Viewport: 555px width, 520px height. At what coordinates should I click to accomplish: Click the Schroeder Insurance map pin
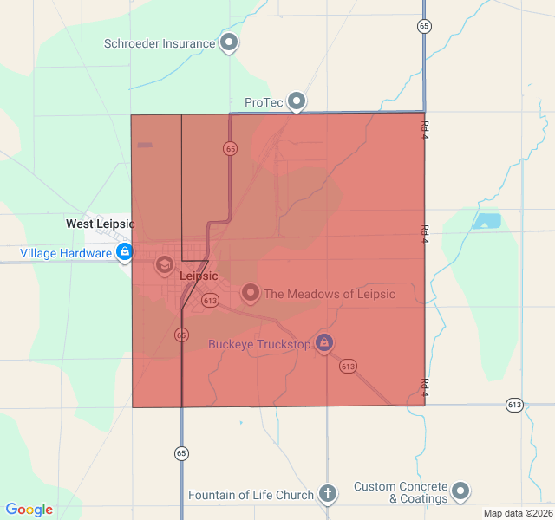(229, 42)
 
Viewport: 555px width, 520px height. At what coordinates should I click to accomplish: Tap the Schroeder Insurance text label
(160, 43)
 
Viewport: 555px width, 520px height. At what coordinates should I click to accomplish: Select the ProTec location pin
(297, 101)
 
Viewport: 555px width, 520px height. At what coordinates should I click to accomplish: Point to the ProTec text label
(264, 102)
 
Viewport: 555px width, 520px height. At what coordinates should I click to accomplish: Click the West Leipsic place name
(101, 224)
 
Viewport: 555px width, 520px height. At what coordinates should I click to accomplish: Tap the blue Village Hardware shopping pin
(125, 252)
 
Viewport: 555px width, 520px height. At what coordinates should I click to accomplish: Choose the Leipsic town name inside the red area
(199, 276)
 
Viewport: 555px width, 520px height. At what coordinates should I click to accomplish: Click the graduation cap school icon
(165, 263)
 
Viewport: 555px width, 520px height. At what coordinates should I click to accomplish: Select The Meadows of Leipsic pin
(251, 293)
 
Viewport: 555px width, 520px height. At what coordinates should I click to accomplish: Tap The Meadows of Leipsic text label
(330, 294)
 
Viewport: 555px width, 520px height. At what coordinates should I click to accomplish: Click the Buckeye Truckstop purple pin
(324, 343)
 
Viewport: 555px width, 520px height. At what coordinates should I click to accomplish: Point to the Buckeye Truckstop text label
(259, 344)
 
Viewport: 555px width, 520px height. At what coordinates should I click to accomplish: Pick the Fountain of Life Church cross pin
(327, 494)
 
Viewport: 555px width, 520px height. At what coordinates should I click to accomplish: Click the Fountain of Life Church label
(251, 496)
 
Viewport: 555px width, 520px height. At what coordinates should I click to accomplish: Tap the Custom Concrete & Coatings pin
(460, 491)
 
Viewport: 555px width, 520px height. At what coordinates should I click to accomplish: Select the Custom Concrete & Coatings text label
(401, 492)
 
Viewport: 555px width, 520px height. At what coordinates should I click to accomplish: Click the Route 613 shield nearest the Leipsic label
(210, 300)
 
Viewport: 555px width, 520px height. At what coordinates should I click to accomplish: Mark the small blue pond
(487, 221)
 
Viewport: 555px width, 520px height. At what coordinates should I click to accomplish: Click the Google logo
(29, 510)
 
